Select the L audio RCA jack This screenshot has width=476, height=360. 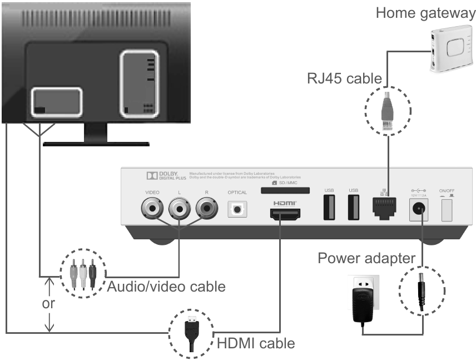point(180,209)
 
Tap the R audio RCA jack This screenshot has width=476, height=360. point(207,209)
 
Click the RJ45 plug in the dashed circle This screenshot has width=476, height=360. point(386,111)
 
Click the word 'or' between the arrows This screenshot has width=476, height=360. point(49,304)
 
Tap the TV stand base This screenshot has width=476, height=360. point(96,143)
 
